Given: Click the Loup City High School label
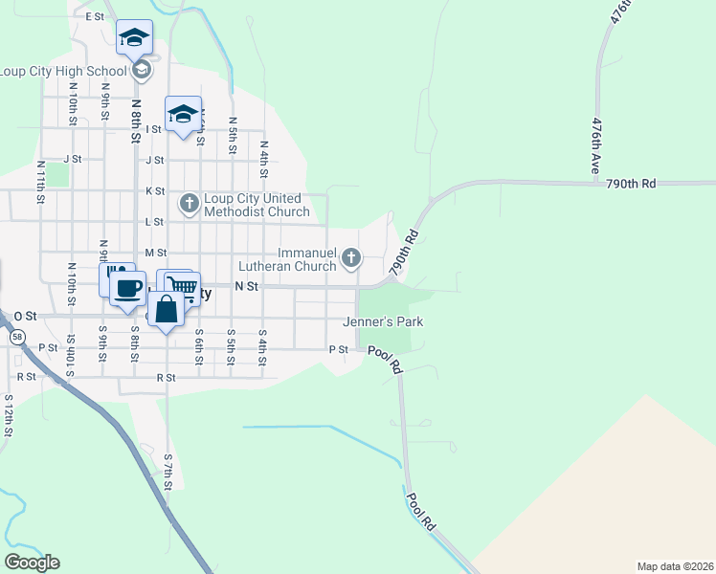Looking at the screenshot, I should click(63, 71).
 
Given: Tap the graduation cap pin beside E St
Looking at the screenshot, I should click(134, 39).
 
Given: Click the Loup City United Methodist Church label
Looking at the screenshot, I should click(256, 205).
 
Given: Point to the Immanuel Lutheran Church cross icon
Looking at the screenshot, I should click(352, 256).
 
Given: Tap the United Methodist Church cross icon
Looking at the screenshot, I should click(189, 202).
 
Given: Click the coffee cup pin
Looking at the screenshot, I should click(127, 286).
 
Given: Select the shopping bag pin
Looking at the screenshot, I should click(167, 309).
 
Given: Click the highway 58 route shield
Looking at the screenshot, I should click(16, 337).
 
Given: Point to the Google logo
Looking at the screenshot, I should click(32, 562).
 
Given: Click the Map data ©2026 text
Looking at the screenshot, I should click(674, 566).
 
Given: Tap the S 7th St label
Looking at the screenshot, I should click(168, 472).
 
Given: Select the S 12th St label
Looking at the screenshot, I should click(9, 414).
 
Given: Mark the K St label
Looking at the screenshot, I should click(155, 191).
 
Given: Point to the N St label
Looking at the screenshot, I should click(247, 286).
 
